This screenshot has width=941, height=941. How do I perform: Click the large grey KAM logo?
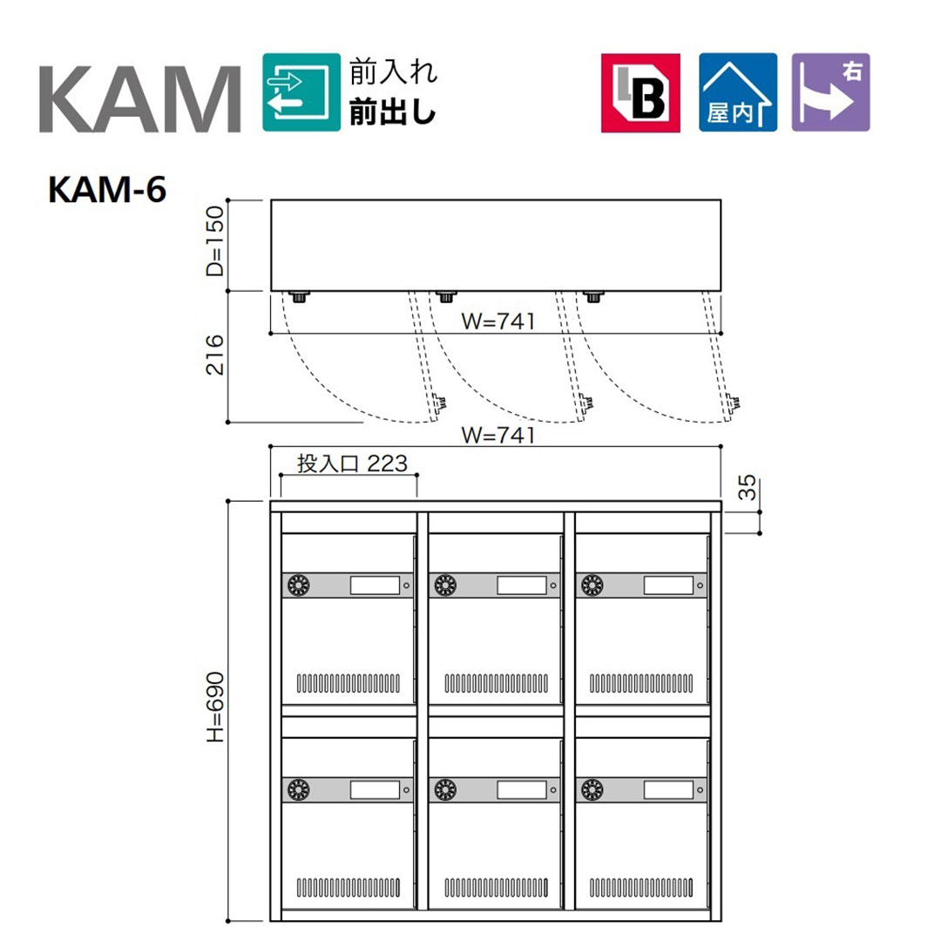point(140,99)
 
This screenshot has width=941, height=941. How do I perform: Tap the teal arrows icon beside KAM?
point(301,92)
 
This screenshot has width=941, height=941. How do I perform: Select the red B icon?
point(640,92)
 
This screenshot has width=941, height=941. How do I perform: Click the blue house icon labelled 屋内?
point(738,92)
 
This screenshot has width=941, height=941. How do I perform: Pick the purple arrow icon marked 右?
point(830,92)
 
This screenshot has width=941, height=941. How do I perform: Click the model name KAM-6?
point(107,190)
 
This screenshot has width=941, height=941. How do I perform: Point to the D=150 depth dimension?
point(215,240)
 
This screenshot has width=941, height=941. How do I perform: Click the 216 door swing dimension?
point(215,355)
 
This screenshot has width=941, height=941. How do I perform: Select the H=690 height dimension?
point(215,707)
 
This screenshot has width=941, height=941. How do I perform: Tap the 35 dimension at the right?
point(747,487)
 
